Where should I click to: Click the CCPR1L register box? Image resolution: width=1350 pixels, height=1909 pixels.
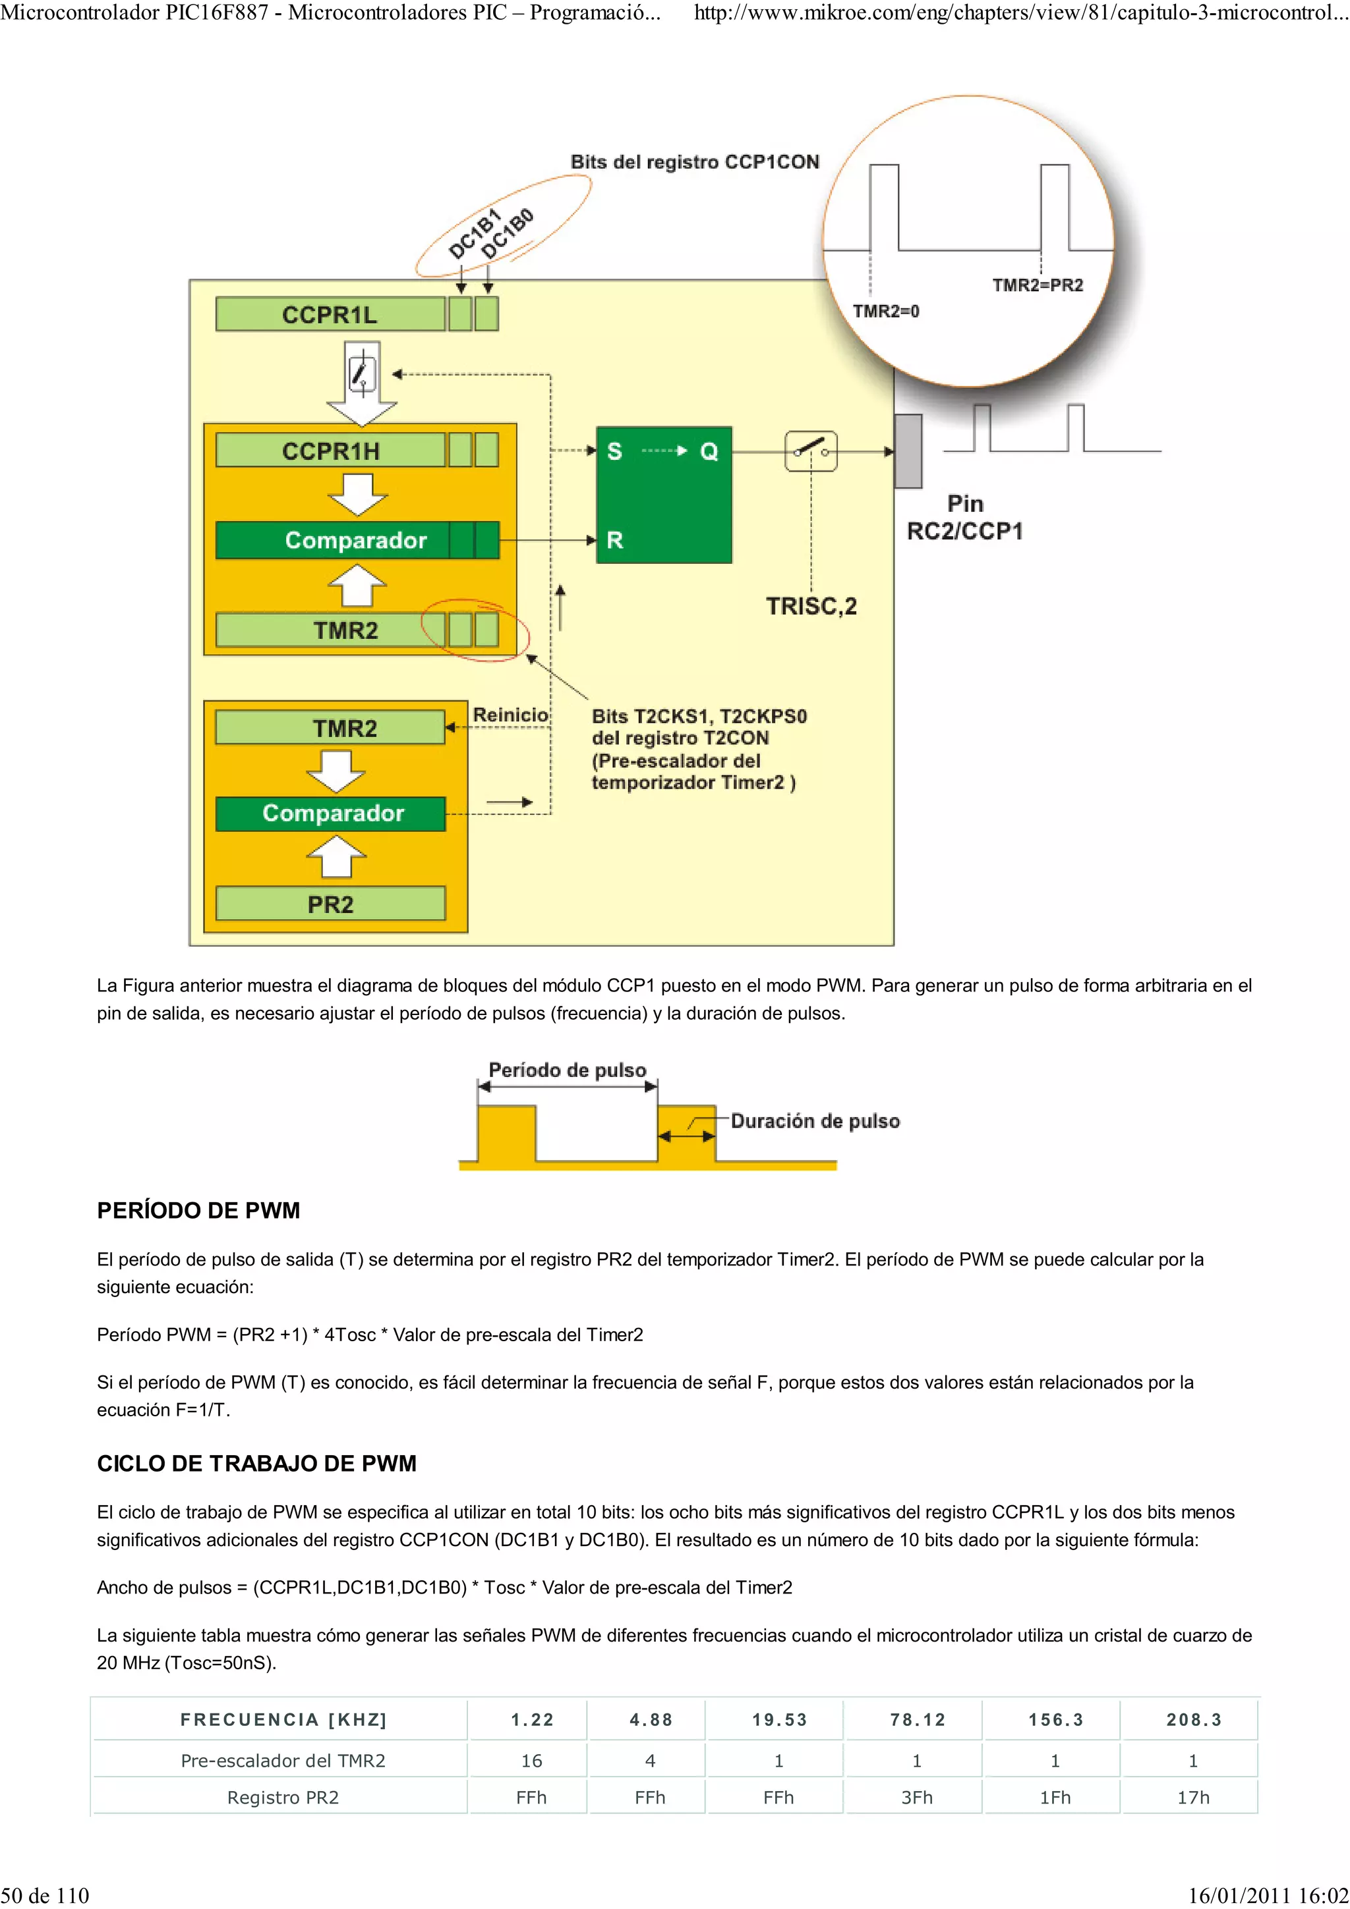pos(330,314)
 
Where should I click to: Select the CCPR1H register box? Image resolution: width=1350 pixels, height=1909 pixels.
pos(330,451)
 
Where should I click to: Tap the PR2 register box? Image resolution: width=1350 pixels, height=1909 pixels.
pos(330,904)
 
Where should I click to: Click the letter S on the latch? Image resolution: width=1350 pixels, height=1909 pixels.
pos(614,451)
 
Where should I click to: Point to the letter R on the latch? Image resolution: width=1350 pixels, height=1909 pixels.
pos(614,540)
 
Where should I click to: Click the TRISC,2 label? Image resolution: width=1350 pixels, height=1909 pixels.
pos(811,606)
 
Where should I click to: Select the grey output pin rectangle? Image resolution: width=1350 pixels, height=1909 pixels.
pos(908,451)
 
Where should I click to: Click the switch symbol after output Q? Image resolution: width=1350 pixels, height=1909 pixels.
pos(810,451)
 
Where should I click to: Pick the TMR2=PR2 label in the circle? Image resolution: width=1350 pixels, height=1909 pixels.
pos(1038,285)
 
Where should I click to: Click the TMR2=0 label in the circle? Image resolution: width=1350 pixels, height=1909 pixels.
pos(886,311)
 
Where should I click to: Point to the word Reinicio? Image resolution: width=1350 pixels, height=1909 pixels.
pos(510,715)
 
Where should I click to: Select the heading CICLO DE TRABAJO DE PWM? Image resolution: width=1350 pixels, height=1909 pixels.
pos(256,1463)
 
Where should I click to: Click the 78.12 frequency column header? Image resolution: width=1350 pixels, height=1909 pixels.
pos(918,1719)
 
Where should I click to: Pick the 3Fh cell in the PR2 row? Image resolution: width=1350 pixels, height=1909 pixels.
pos(917,1798)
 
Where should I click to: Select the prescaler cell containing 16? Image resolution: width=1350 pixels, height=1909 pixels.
pos(531,1760)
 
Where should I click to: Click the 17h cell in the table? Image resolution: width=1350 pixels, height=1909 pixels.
pos(1193,1798)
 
